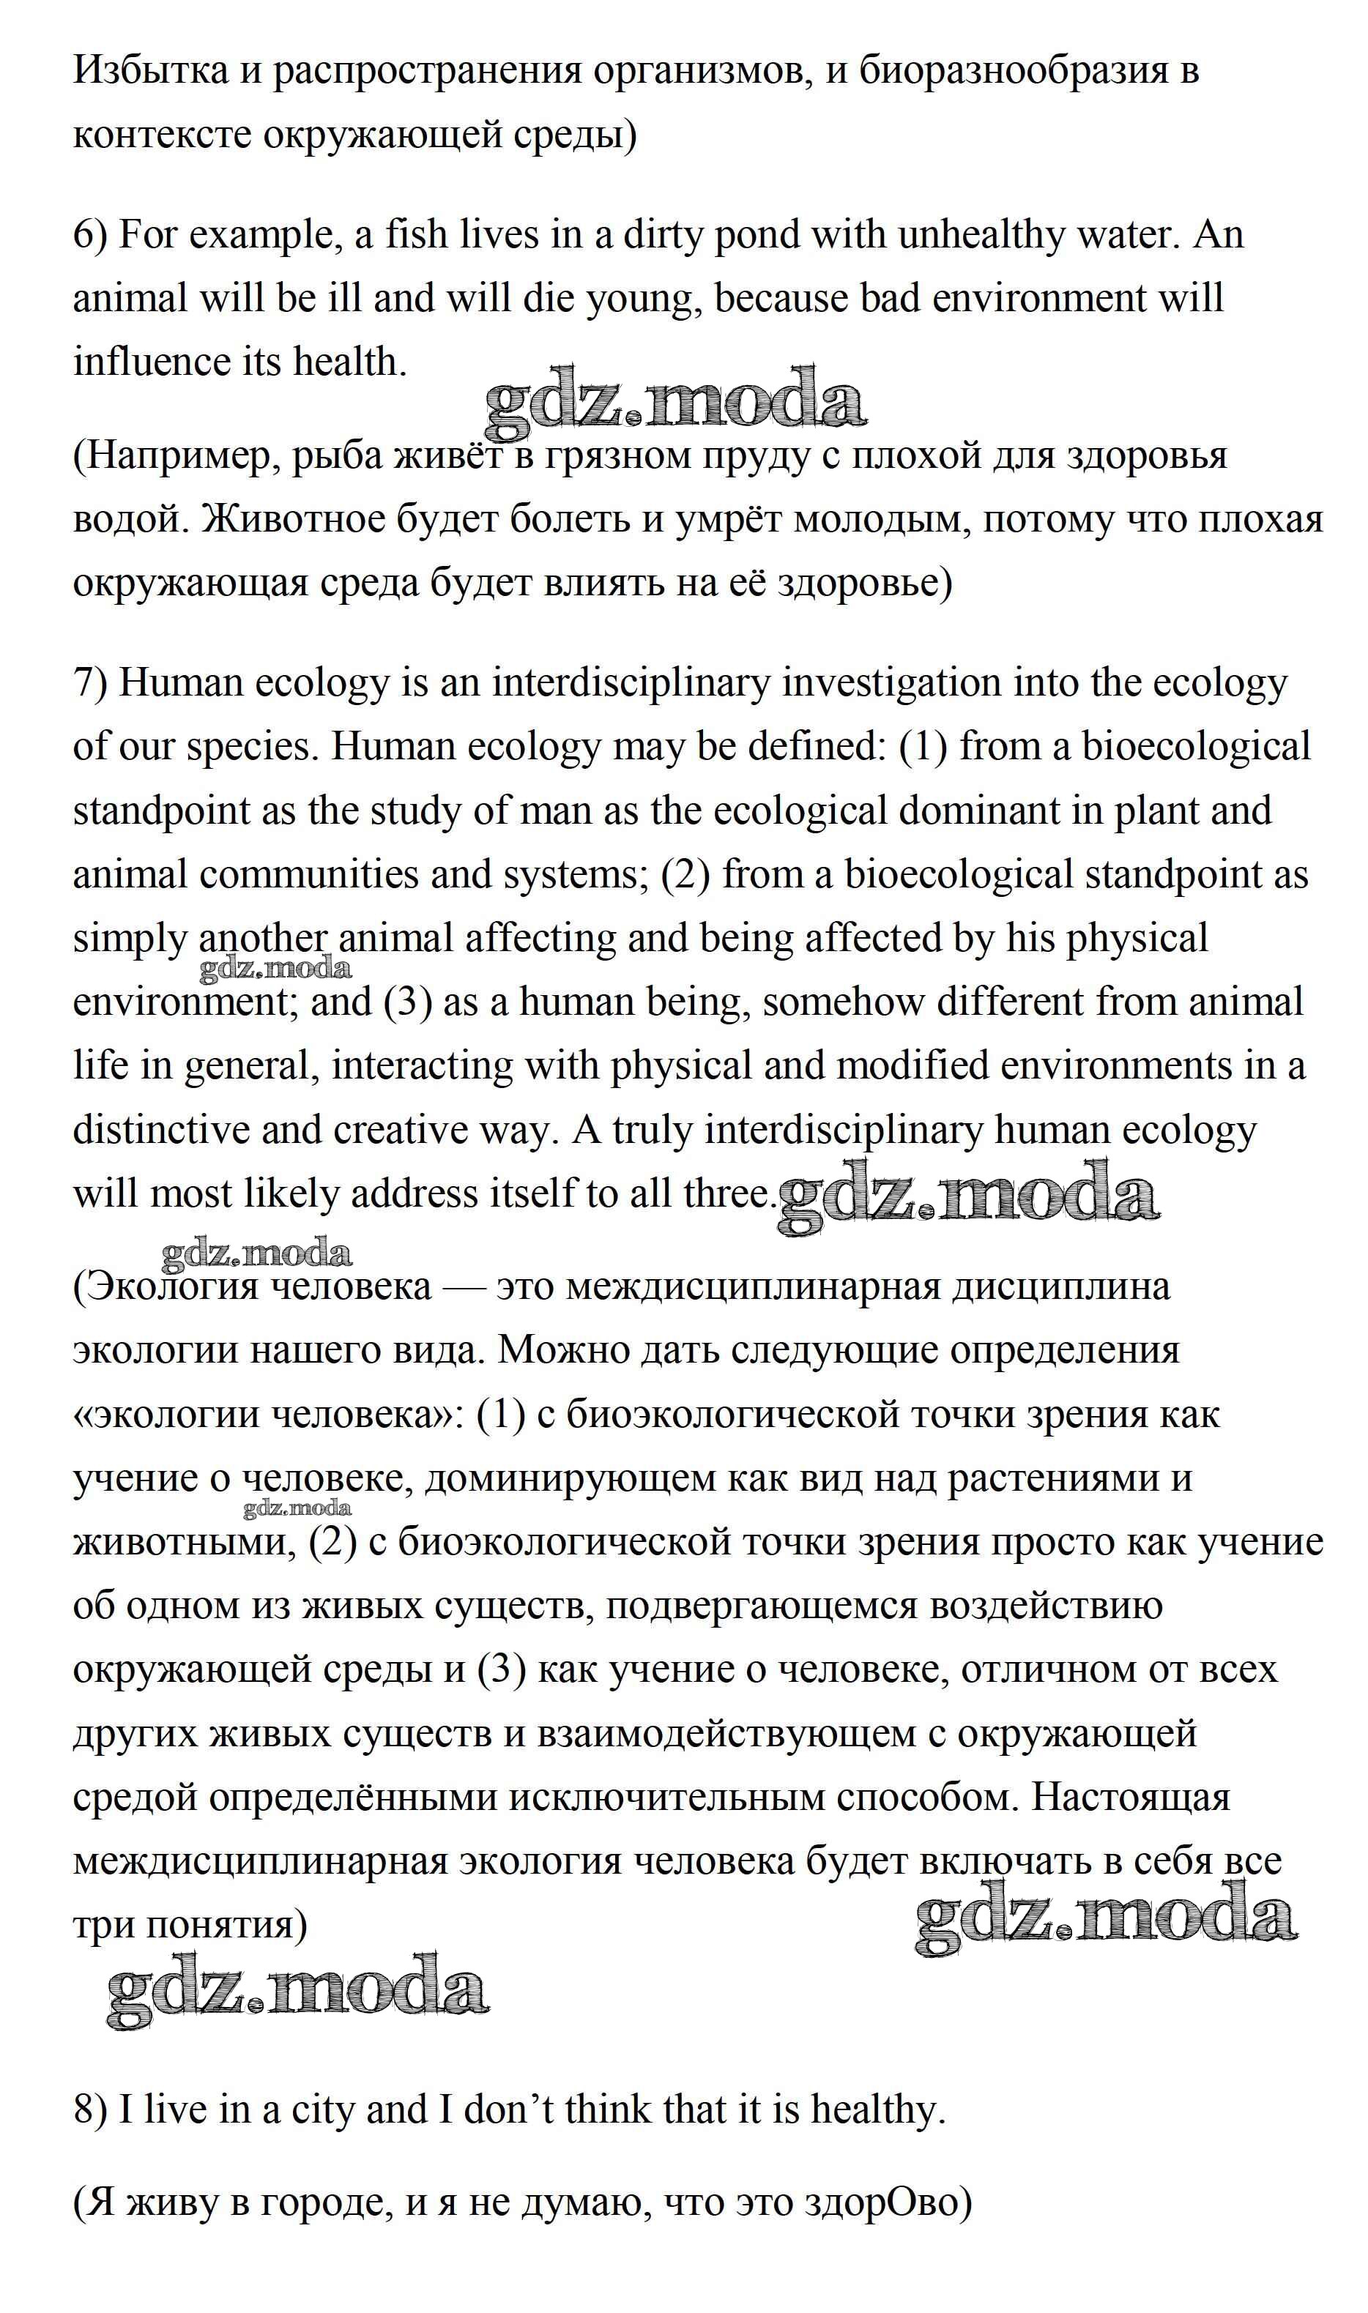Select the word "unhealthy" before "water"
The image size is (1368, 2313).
point(982,235)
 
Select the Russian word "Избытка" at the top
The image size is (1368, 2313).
point(150,71)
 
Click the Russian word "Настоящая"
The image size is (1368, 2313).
point(1130,1798)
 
